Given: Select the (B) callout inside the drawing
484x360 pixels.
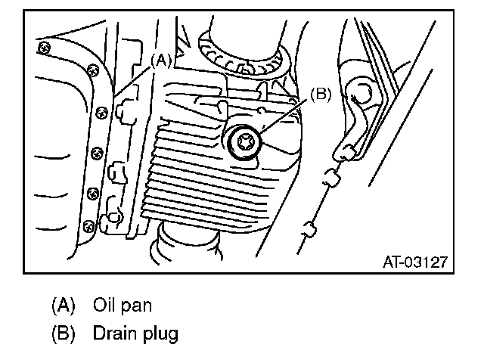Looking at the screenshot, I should [320, 95].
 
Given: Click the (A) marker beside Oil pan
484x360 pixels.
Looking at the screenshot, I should [63, 306].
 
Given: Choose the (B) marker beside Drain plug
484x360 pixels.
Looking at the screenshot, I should [63, 332].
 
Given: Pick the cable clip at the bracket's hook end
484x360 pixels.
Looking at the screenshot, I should [347, 151].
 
